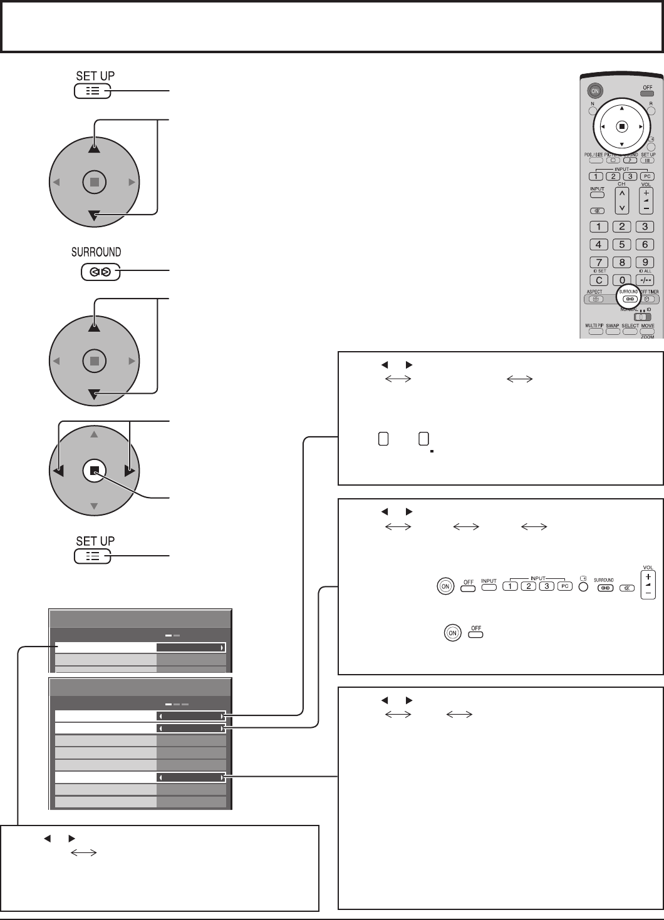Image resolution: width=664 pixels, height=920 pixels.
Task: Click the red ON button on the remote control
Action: click(596, 91)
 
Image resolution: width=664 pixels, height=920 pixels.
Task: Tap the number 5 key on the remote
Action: click(621, 245)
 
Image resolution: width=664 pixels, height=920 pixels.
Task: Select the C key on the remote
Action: click(599, 280)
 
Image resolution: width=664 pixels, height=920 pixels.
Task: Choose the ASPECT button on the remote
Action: click(594, 299)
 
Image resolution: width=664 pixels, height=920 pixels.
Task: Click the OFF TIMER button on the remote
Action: click(648, 299)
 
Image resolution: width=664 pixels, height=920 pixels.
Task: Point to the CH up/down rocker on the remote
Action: click(622, 200)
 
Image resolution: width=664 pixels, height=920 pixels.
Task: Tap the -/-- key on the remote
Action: click(645, 280)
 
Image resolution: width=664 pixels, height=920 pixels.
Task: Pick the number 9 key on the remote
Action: click(645, 262)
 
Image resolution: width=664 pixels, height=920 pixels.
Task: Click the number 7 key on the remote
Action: click(599, 262)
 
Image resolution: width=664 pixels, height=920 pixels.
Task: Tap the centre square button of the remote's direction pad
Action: click(621, 126)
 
